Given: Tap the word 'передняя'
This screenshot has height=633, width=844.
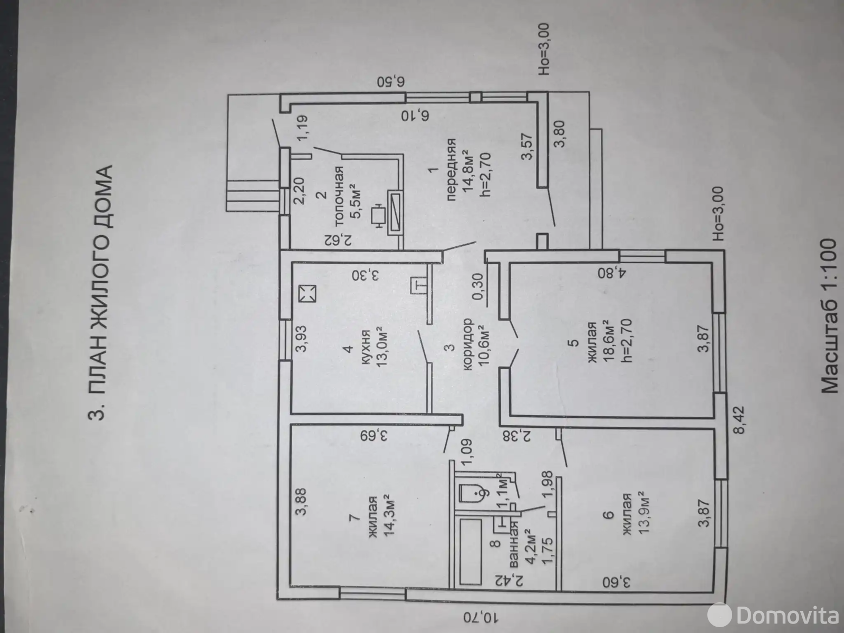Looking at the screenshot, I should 451,169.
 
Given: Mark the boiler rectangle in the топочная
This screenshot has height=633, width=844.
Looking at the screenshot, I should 396,212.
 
